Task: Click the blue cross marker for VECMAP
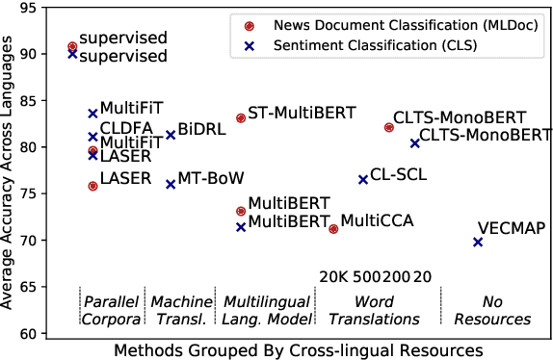pos(478,242)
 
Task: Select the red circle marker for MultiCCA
pos(333,228)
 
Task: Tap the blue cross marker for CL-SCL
pos(363,179)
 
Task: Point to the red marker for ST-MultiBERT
pos(241,117)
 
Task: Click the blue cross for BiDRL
pos(171,135)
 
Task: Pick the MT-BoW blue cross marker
pos(171,183)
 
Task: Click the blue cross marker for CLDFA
pos(92,137)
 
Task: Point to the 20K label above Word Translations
pos(333,277)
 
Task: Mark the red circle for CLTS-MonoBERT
pos(388,127)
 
